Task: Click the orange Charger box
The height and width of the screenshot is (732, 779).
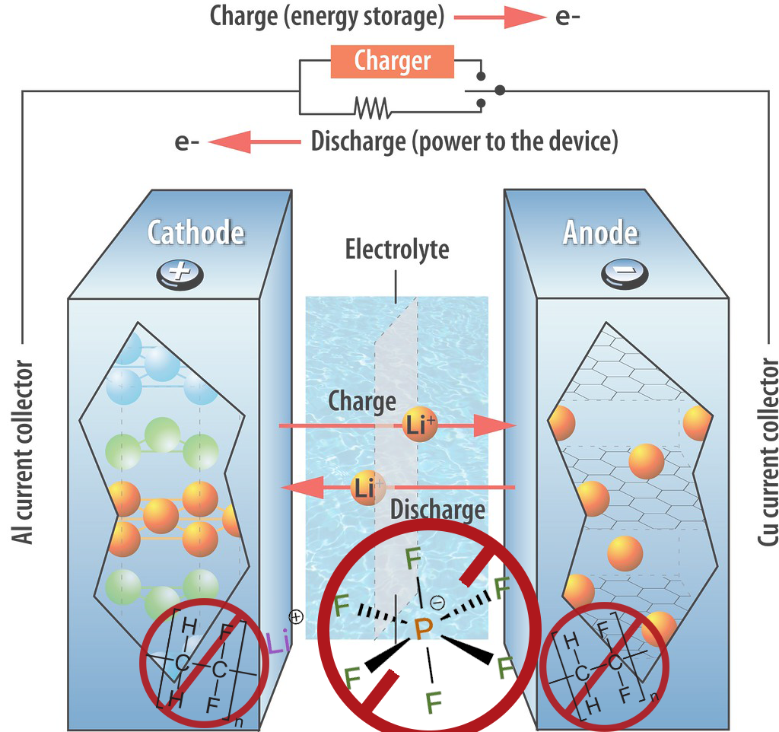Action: [392, 62]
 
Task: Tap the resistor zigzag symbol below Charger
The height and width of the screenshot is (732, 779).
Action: [371, 107]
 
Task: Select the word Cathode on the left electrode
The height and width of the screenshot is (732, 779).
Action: [196, 232]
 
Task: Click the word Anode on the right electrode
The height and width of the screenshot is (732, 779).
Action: [600, 232]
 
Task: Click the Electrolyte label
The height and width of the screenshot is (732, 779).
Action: [396, 249]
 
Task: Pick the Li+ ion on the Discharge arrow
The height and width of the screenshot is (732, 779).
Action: [368, 487]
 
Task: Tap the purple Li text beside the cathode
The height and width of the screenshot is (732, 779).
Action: [278, 644]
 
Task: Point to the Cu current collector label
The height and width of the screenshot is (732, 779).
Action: [767, 452]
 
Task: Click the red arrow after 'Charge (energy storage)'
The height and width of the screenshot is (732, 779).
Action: [502, 18]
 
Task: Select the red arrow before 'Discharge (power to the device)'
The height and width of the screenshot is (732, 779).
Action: [254, 142]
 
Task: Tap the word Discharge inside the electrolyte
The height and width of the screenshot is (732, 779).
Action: [438, 509]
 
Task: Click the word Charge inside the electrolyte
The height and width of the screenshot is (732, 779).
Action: [362, 401]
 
